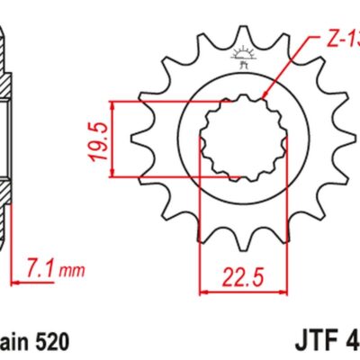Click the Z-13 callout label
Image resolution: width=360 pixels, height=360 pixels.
[x=341, y=40]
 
